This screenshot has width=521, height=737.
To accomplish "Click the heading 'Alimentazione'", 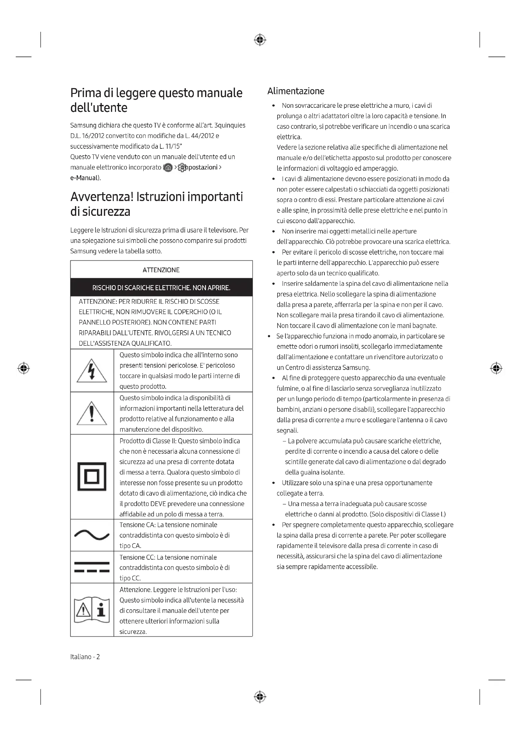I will [x=296, y=91].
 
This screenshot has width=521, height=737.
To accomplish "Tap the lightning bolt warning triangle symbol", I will [x=92, y=371].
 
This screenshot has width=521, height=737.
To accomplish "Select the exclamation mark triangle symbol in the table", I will [x=92, y=413].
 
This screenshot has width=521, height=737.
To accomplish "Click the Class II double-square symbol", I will [x=92, y=476].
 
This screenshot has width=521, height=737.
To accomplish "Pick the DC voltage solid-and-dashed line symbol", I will [x=92, y=567].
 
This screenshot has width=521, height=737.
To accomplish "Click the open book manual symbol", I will [x=92, y=610].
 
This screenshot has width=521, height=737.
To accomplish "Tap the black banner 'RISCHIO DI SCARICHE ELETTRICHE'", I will [x=161, y=288].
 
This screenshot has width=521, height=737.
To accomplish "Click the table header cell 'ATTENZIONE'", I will [x=161, y=270].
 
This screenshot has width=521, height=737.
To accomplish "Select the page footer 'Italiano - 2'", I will [x=85, y=657].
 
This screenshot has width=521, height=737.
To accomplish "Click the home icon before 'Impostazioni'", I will [x=168, y=168].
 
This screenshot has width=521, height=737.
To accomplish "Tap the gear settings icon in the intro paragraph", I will [x=182, y=168].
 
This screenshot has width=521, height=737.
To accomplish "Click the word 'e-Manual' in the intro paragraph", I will [x=84, y=178].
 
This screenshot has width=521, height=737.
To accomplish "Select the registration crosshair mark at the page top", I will [x=260, y=40].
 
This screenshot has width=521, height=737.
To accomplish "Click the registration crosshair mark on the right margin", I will [x=496, y=368].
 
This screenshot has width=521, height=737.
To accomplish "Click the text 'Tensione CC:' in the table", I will [x=137, y=557].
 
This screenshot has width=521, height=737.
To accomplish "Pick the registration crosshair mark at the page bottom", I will [x=260, y=697].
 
